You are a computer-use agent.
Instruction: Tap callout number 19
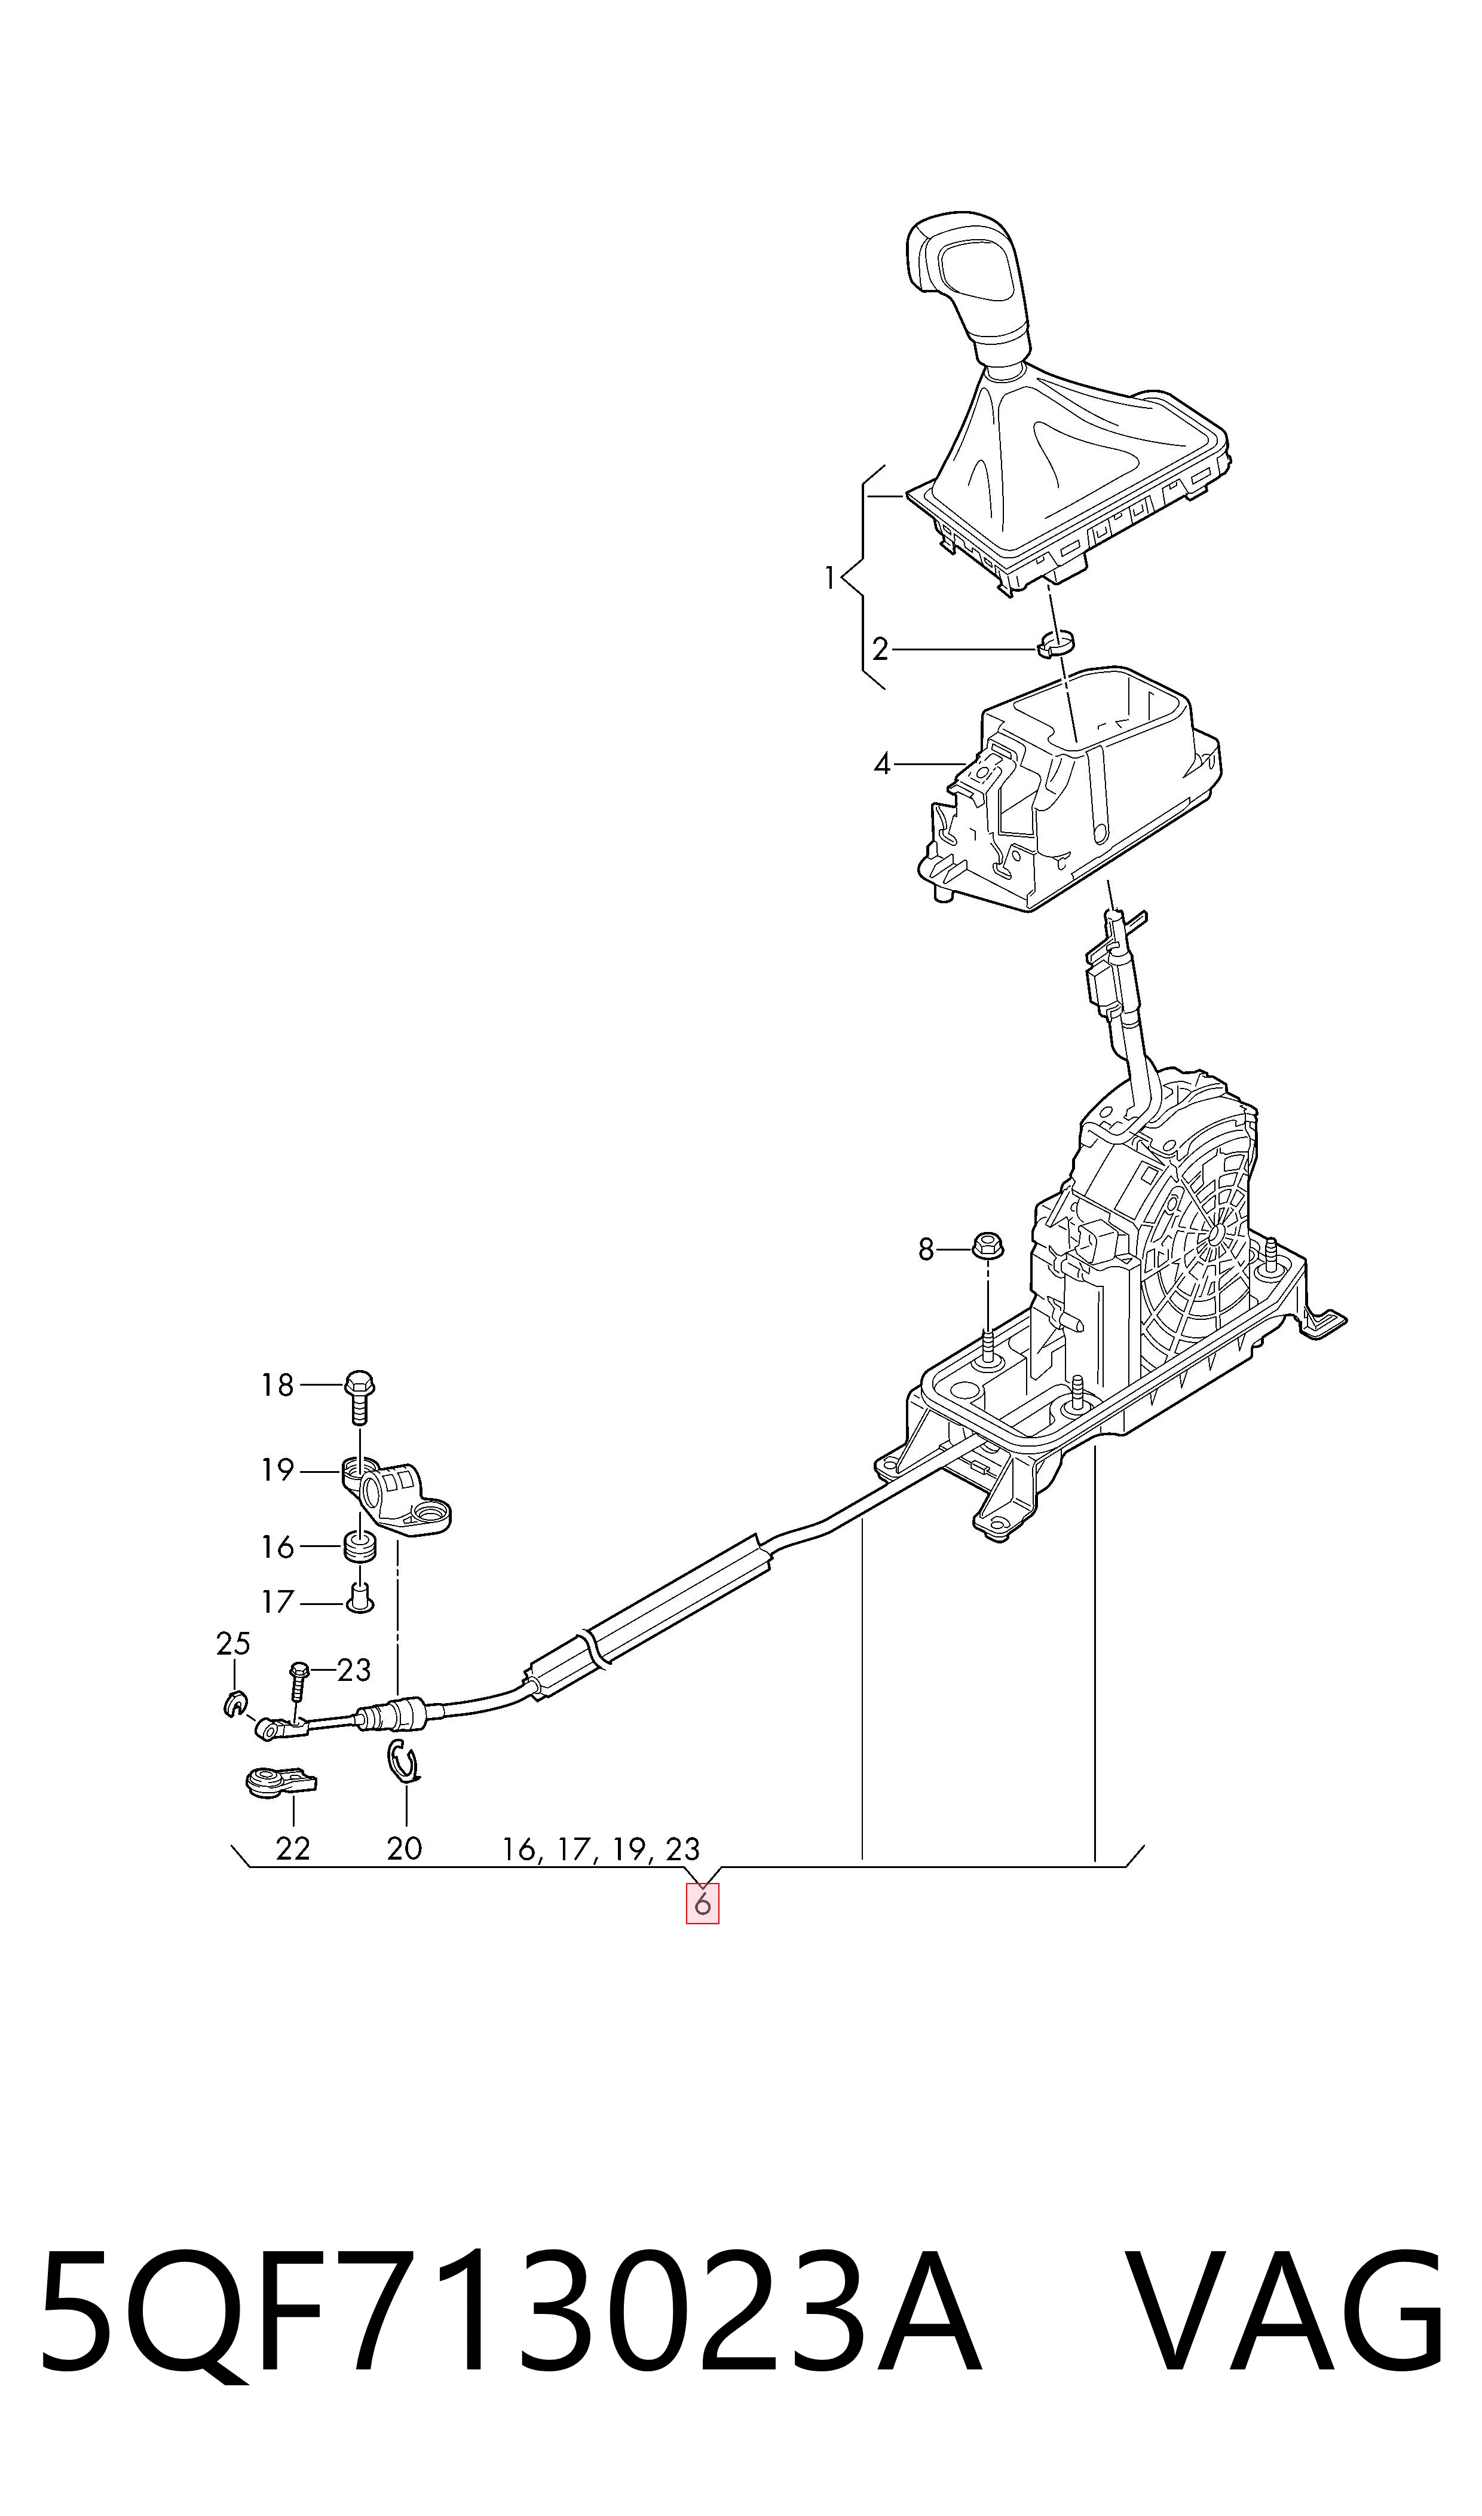278,1471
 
